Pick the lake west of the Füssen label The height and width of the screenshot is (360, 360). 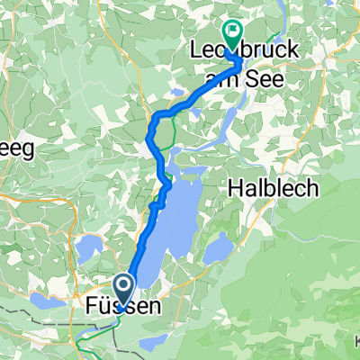45,300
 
